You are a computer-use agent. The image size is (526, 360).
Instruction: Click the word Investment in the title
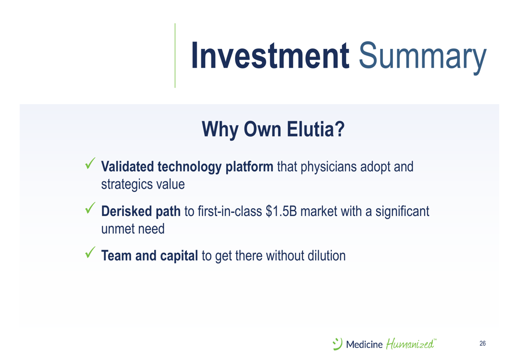[270, 55]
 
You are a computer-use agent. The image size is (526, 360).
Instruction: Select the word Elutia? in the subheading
[316, 129]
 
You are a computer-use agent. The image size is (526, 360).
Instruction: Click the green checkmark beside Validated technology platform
[90, 163]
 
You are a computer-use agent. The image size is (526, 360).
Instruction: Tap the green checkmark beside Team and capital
[90, 252]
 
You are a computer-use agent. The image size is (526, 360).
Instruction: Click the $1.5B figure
[281, 211]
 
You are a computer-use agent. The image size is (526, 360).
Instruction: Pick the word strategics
[126, 184]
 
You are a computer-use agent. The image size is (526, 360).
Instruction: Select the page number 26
[483, 343]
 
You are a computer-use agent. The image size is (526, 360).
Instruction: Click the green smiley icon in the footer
[337, 344]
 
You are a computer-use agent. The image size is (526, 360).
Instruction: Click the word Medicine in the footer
[365, 344]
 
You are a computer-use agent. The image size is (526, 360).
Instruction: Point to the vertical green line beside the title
[175, 56]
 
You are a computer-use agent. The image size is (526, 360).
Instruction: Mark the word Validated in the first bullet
[128, 167]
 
